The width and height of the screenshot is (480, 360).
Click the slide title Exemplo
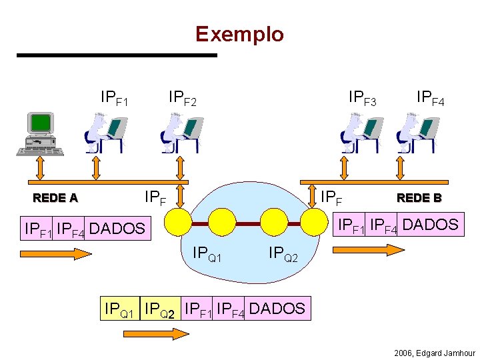coord(239,34)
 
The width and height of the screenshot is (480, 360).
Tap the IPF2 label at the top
coord(183,100)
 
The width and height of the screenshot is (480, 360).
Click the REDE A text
coord(55,197)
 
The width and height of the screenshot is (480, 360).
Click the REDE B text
coord(419,197)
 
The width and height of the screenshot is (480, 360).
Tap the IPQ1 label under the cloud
coord(207,254)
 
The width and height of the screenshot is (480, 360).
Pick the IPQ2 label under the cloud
coord(283,254)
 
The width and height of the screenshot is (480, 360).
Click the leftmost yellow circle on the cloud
coord(178,222)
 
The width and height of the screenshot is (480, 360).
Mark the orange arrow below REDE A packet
coord(56,253)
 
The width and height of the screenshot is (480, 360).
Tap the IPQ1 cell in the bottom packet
coord(120,309)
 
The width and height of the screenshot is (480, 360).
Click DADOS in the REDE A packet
coord(117,229)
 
